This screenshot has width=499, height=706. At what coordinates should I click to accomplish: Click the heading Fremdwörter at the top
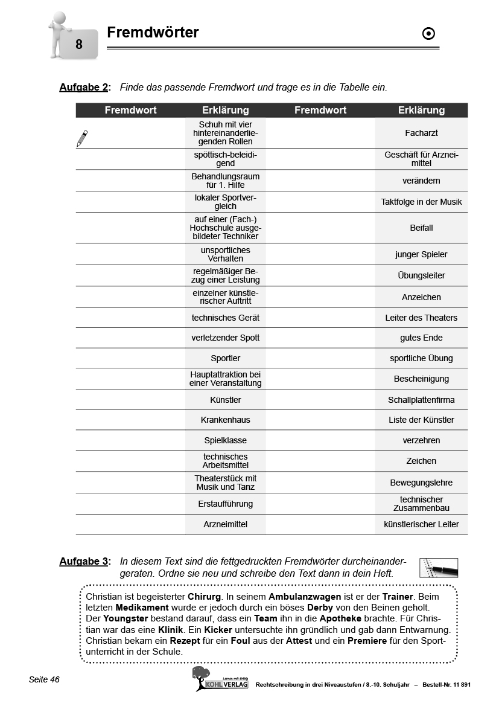coord(153,33)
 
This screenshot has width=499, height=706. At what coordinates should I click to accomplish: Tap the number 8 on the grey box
coord(79,44)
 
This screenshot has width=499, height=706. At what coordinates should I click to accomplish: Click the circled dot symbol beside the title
coord(428,34)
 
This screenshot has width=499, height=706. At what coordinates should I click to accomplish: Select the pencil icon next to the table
coord(82,138)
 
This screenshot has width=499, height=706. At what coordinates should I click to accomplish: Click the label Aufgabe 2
coord(84,87)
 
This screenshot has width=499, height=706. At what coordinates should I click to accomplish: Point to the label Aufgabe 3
coord(84,561)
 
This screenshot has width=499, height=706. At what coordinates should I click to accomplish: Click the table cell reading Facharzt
coord(421,133)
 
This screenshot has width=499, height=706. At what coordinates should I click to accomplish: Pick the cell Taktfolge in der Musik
coord(421,202)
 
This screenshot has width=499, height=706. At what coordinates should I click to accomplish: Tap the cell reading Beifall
coord(421,228)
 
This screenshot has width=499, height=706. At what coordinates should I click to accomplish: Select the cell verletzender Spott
coord(226,338)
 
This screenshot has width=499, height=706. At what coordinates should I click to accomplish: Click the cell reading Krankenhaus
coord(226,420)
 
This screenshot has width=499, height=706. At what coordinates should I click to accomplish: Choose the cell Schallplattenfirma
coord(421,400)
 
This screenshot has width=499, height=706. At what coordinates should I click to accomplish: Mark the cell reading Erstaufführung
coord(226,504)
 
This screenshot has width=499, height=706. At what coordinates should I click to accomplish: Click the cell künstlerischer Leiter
coord(421,524)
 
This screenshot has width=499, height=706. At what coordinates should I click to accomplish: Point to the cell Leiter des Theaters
coord(421,318)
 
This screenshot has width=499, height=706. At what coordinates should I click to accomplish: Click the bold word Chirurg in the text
coord(209,596)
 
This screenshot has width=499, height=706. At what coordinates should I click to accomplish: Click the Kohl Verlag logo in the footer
coord(220,679)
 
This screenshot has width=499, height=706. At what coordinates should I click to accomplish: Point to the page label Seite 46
coord(44,679)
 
